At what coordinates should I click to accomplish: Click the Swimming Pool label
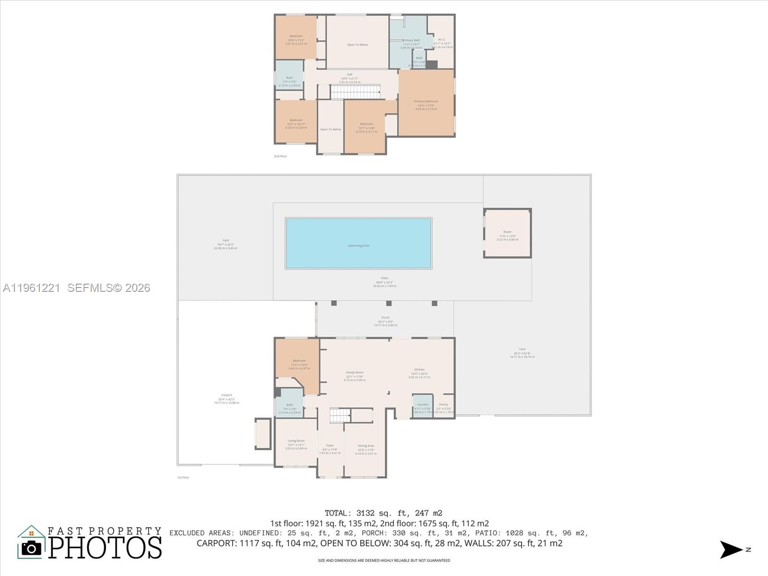pyautogui.click(x=359, y=246)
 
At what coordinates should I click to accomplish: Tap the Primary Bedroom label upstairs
pyautogui.click(x=426, y=102)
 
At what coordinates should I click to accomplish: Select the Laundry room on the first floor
pyautogui.click(x=422, y=405)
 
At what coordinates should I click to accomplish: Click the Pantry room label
pyautogui.click(x=444, y=405)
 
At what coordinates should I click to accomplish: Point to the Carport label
pyautogui.click(x=227, y=395)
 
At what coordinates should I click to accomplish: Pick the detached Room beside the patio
pyautogui.click(x=507, y=232)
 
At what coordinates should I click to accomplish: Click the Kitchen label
pyautogui.click(x=419, y=370)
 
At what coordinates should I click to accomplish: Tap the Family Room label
pyautogui.click(x=355, y=372)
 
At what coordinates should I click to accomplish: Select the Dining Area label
pyautogui.click(x=366, y=446)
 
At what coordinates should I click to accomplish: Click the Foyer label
pyautogui.click(x=330, y=445)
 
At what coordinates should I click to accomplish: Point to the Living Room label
pyautogui.click(x=296, y=441)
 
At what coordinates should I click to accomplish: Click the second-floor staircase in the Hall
pyautogui.click(x=355, y=92)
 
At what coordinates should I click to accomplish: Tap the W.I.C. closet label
pyautogui.click(x=442, y=40)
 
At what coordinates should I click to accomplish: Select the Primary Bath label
pyautogui.click(x=411, y=40)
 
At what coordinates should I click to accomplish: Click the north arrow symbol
pyautogui.click(x=731, y=550)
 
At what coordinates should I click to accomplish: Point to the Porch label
pyautogui.click(x=385, y=318)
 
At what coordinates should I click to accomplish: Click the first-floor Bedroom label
pyautogui.click(x=299, y=361)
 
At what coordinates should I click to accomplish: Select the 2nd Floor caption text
pyautogui.click(x=280, y=156)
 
